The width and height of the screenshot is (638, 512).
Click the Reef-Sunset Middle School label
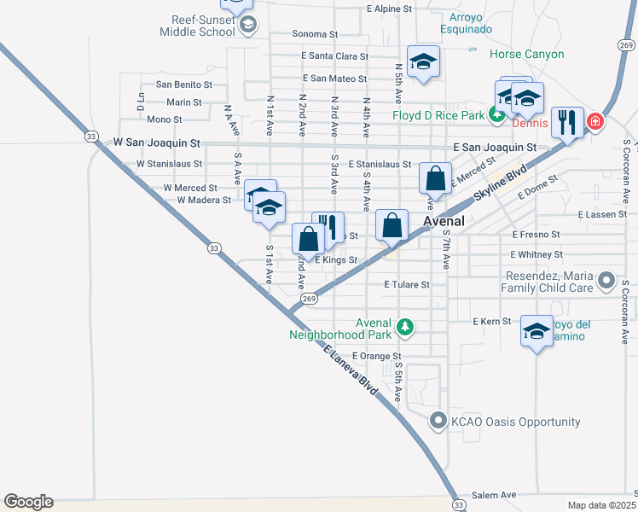click(196, 25)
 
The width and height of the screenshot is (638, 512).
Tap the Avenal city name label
click(444, 221)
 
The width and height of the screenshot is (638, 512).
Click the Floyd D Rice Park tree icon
click(495, 115)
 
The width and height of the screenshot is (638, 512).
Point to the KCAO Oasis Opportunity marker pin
click(438, 422)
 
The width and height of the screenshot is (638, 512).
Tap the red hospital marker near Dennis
click(594, 122)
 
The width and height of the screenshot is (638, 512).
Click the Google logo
click(28, 502)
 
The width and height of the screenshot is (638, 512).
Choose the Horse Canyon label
click(527, 54)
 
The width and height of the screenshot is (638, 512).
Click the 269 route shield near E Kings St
click(310, 298)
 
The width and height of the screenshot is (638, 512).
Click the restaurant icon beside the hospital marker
click(566, 121)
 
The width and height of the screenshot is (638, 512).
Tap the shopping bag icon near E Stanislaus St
click(435, 179)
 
